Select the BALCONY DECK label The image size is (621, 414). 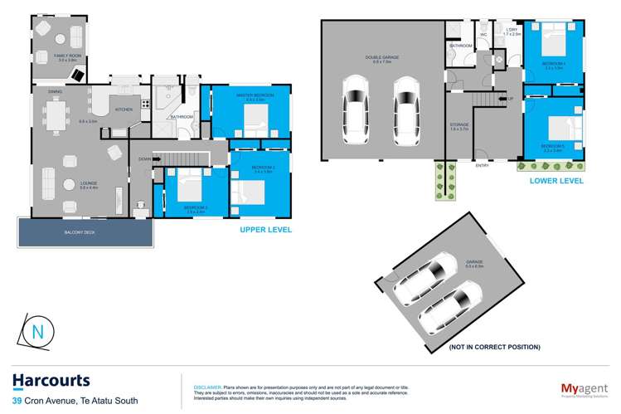(x=80, y=233)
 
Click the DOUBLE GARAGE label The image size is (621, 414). (x=381, y=57)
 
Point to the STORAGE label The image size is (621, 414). (x=458, y=124)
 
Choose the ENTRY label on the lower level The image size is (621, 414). (x=482, y=165)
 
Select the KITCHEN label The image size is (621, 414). (x=123, y=110)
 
